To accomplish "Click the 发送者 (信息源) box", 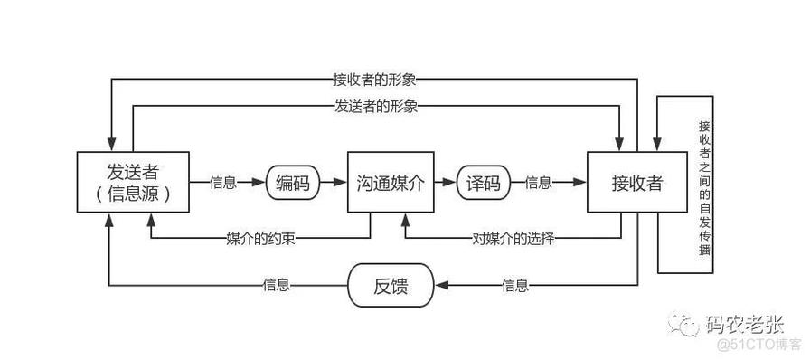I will click(134, 183).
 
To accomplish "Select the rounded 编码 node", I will click(293, 183).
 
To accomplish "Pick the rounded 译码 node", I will click(483, 183).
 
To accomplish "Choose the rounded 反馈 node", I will click(391, 287).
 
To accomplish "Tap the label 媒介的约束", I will click(261, 239).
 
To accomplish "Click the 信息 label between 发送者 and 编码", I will click(223, 183).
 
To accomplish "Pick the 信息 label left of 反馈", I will click(277, 287).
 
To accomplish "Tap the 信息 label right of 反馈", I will click(515, 287).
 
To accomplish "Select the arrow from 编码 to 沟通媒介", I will click(334, 183).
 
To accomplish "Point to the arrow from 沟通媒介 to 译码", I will click(443, 183).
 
